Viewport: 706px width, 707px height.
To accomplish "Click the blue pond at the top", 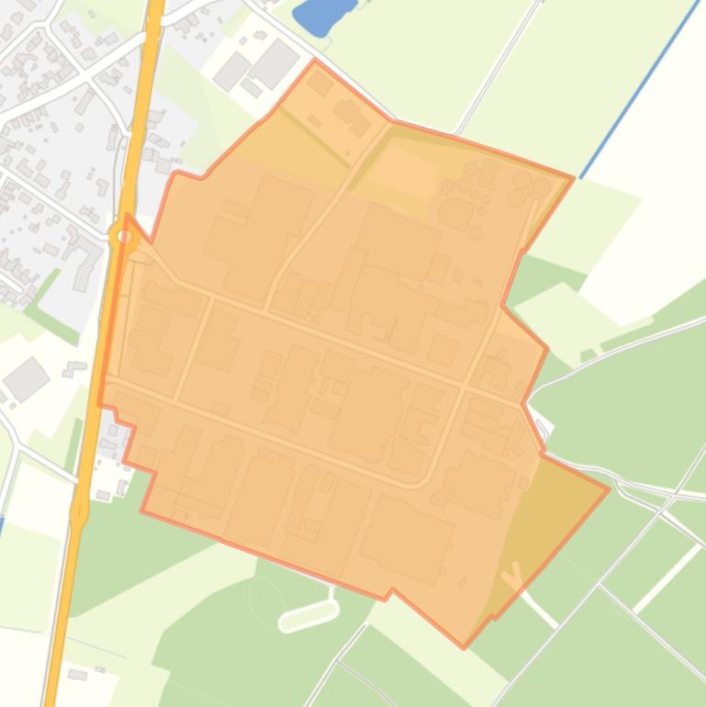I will coord(321,16).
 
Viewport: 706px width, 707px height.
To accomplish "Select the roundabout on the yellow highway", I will coord(125,238).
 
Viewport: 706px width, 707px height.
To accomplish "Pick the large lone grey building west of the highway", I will coord(26,377).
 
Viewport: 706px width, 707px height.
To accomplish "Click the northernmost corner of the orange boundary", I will coord(315,61).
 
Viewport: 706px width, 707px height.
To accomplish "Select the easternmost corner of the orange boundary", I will coord(609,488).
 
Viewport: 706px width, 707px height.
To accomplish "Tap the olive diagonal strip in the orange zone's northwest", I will coord(312,138).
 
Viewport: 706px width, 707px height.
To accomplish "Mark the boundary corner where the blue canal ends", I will coord(574,178).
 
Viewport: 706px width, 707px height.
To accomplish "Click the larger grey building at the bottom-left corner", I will coord(77,675).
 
